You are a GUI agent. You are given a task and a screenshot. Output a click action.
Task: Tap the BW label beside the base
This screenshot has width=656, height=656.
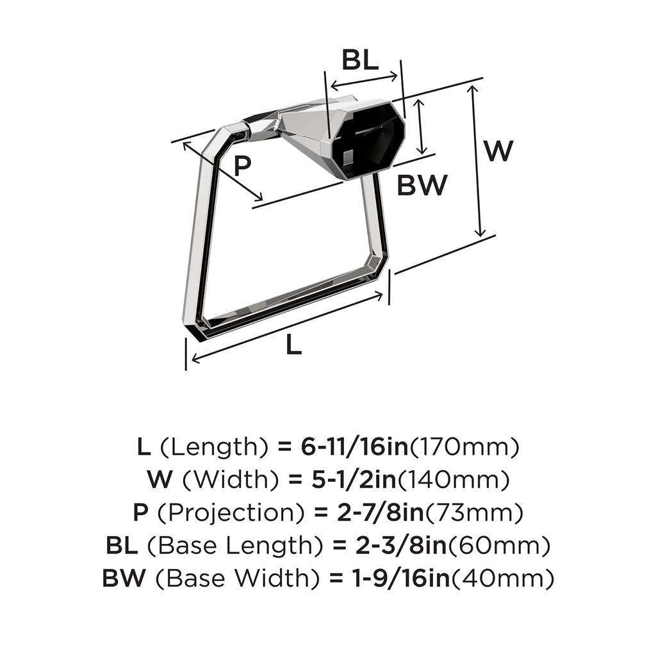pos(421,186)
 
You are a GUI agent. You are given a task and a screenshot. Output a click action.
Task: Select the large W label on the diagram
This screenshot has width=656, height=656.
pos(498,151)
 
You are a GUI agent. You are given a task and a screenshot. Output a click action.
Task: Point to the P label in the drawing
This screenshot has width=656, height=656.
pos(242,167)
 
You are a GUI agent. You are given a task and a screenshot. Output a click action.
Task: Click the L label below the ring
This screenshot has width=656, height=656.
pos(293,347)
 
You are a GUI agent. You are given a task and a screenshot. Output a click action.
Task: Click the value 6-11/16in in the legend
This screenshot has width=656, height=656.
pos(354,447)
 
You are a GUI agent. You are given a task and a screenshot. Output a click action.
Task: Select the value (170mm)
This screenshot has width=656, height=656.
pos(464,447)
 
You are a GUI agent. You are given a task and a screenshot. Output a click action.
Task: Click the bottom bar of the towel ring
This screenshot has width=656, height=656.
pos(288,301)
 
